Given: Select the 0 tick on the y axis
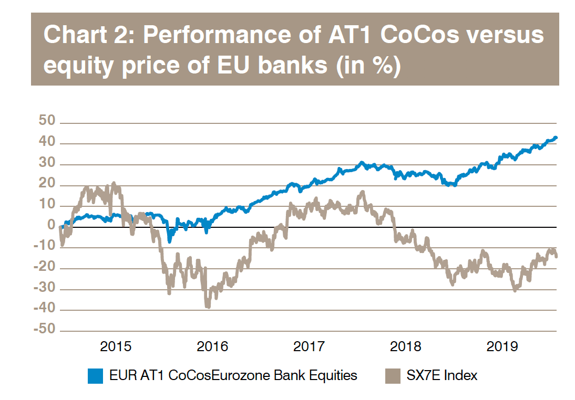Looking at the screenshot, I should point(52,226).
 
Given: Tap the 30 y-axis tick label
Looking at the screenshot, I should point(47,163).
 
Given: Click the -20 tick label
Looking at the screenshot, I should point(44,267).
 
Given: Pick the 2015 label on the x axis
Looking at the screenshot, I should point(115,347).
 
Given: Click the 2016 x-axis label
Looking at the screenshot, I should point(212,347).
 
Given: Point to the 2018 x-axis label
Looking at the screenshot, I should point(406,347).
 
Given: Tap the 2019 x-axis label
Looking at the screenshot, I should point(502,347).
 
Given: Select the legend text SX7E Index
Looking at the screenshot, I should point(442,376).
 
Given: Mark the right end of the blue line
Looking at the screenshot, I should point(556,138).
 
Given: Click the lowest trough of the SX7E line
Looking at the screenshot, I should point(208,308).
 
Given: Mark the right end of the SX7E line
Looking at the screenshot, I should point(557,256).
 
